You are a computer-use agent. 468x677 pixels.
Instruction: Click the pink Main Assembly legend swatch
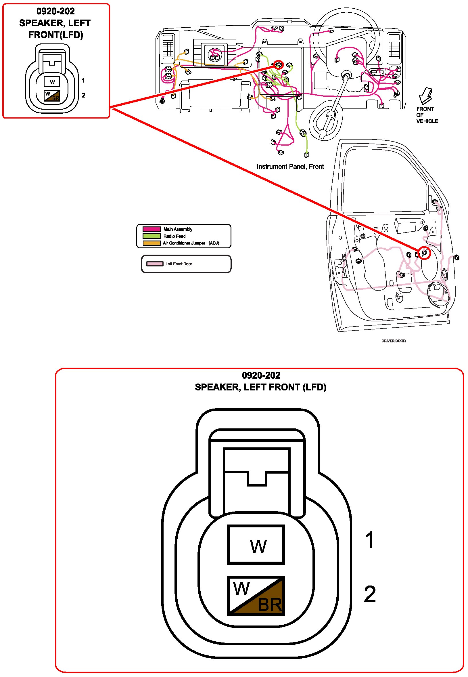pos(151,229)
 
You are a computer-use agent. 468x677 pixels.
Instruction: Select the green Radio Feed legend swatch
pos(151,236)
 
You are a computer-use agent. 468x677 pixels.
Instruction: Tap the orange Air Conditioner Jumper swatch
pos(151,243)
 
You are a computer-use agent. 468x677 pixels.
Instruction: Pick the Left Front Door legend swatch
pos(155,264)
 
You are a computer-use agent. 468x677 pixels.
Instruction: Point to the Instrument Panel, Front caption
pos(290,167)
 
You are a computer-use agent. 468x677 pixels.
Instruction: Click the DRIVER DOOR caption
pos(393,341)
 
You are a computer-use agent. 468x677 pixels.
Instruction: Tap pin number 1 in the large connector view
pos(369,540)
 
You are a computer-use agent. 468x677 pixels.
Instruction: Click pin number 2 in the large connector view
pos(369,594)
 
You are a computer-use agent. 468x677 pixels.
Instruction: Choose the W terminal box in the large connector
pos(256,545)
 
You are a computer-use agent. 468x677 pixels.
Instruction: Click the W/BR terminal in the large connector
pos(256,596)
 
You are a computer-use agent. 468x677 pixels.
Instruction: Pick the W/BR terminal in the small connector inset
pos(52,96)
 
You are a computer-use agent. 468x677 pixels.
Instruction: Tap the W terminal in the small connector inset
pos(52,82)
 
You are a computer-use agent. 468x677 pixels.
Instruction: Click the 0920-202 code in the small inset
pos(55,11)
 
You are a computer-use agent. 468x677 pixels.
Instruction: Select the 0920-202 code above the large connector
pos(261,375)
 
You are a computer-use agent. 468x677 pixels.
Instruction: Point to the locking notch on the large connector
pos(257,479)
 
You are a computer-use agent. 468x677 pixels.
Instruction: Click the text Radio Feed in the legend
pos(174,236)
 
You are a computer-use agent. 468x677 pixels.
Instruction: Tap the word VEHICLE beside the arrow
pos(427,121)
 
